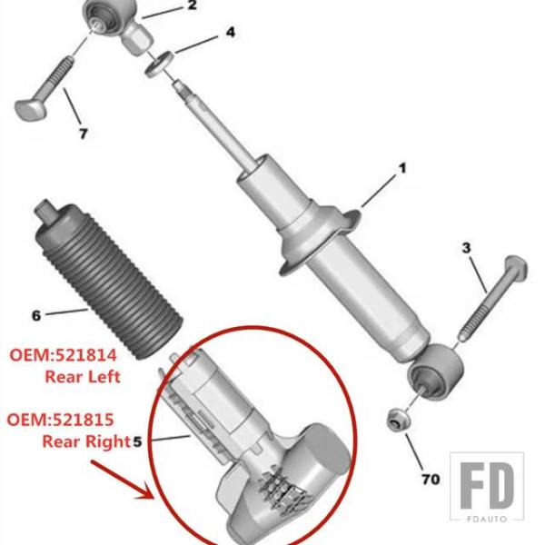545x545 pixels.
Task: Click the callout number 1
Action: point(402,169)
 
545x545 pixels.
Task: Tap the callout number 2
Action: point(192,5)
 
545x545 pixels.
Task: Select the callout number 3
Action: point(466,248)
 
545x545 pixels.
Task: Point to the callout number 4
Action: point(231,33)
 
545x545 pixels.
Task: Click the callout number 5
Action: point(138,441)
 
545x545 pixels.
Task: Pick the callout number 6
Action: point(36,315)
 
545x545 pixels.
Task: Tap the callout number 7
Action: point(83,134)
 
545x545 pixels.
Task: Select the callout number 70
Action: point(431,480)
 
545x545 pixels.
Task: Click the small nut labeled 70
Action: point(399,421)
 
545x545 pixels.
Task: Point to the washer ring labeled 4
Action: point(159,64)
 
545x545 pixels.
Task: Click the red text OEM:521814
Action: point(63,355)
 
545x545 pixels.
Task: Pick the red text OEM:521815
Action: point(61,420)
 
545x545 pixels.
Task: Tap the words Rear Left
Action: point(83,377)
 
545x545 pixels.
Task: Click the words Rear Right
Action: point(86,441)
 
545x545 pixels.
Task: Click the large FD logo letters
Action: point(487,485)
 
